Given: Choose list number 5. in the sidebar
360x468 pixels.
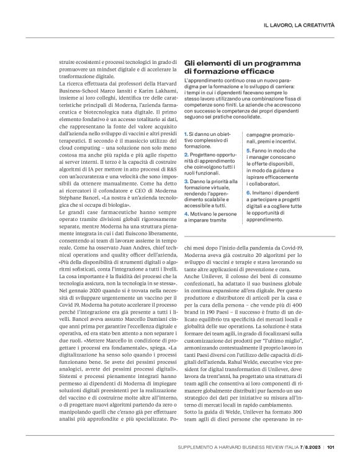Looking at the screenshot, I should pyautogui.click(x=249, y=150).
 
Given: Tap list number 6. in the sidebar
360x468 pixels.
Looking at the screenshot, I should pyautogui.click(x=249, y=192).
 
